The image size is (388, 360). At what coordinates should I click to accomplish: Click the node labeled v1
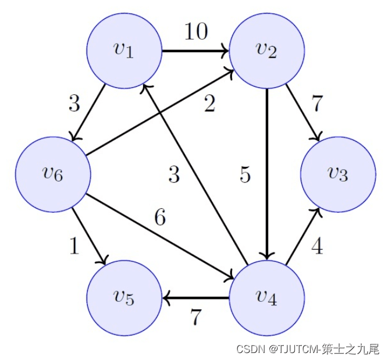coord(124,51)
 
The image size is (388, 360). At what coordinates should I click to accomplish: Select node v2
coord(267,51)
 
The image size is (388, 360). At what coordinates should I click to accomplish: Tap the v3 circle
coord(338,174)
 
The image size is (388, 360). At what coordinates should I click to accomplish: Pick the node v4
coord(267,297)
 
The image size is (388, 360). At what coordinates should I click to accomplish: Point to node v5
coord(124,297)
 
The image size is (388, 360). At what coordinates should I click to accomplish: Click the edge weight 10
coord(196,32)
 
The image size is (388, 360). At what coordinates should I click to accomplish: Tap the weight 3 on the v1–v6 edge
coord(74,105)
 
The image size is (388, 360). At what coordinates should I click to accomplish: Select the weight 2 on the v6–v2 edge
coord(209,105)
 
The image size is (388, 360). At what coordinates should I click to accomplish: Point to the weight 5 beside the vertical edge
coord(245,175)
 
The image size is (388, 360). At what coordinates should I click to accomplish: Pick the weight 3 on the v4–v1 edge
coord(174,174)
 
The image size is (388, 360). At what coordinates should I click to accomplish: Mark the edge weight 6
coord(160,218)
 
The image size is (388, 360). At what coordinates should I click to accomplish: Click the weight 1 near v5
coord(74,247)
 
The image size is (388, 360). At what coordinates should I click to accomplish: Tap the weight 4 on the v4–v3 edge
coord(316,246)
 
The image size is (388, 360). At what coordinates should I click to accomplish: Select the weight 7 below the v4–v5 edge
coord(196,318)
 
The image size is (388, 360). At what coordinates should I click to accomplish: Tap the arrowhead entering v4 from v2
coord(267,256)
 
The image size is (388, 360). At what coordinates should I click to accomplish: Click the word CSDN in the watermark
coord(250,349)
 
